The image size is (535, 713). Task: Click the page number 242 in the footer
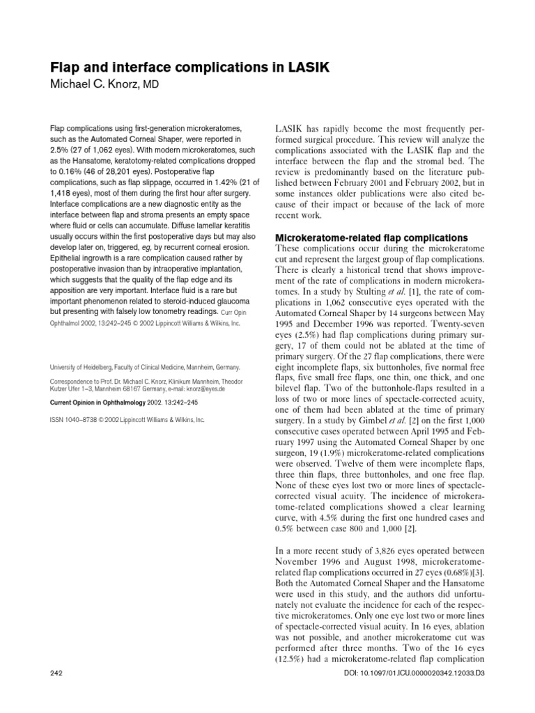click(58, 694)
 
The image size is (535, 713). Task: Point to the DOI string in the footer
click(424, 694)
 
